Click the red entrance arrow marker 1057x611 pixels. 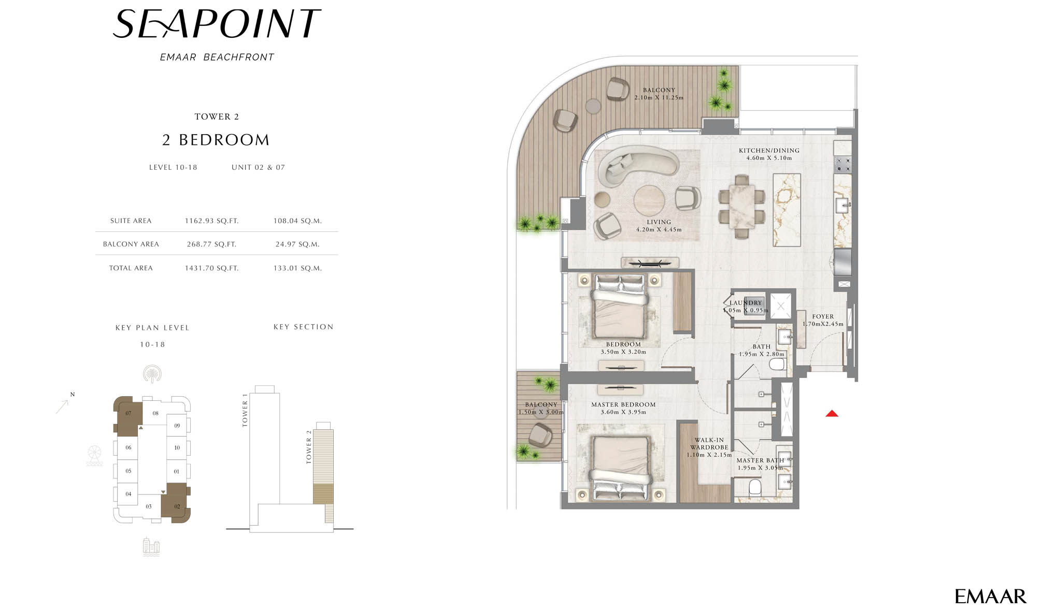832,413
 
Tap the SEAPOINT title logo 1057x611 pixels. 217,24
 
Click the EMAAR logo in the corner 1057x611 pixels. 990,597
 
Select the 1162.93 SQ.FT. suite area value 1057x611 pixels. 211,221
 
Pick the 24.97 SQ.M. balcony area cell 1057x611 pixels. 297,244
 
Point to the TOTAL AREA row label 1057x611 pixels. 131,268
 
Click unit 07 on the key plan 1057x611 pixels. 127,414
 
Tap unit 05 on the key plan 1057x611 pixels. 128,471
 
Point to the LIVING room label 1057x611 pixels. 659,222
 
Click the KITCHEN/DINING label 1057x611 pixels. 769,151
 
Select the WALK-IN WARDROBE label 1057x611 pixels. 709,444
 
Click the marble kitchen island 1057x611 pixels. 787,210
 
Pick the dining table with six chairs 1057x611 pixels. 741,206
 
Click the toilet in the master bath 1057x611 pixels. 755,486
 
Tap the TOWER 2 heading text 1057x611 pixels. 217,117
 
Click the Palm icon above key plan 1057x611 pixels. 152,373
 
